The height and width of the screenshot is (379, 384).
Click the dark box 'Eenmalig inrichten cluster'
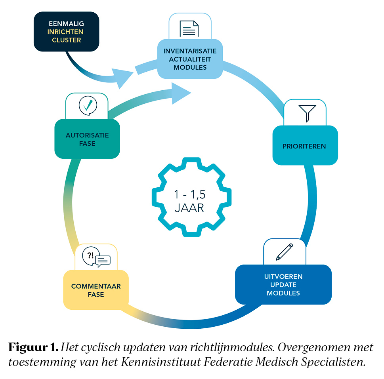[x=66, y=32]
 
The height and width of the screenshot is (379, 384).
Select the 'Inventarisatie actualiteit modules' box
[x=190, y=59]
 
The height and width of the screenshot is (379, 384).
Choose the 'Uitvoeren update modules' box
[x=283, y=285]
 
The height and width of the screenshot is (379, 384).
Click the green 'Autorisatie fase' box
[x=87, y=139]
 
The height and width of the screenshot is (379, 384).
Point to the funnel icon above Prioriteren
[x=307, y=112]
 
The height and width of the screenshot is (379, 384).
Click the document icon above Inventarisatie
[x=189, y=28]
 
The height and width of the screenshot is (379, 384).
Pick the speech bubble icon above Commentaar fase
[x=96, y=258]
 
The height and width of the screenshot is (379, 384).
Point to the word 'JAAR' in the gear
[x=189, y=208]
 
